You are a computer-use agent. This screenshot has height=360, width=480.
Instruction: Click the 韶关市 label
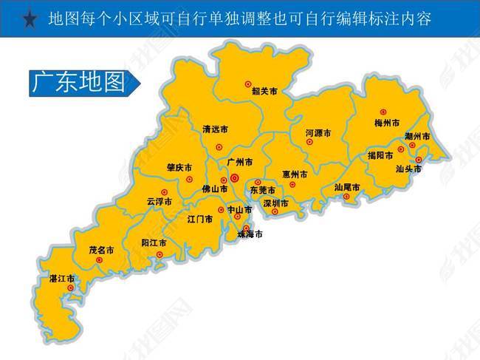[264, 92]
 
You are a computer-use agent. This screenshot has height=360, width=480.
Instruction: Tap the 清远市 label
[216, 129]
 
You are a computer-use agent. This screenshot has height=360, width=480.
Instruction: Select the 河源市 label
[318, 133]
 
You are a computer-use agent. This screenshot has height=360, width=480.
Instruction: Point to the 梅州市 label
[387, 122]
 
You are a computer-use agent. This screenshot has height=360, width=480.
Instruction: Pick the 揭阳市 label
[381, 155]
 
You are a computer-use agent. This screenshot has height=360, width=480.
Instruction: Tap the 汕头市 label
[408, 169]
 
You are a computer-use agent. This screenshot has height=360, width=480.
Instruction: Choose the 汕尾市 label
[347, 187]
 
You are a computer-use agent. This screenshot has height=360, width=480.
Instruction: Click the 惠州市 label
[295, 174]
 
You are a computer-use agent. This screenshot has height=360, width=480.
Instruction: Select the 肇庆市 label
[179, 167]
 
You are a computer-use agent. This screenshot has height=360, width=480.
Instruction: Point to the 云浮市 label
[159, 201]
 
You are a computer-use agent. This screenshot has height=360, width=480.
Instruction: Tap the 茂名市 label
[100, 251]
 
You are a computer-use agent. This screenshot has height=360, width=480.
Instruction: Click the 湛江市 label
[61, 279]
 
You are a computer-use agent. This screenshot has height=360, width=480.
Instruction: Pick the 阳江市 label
[154, 242]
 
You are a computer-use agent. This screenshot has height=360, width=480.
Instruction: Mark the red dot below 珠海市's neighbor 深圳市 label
[275, 213]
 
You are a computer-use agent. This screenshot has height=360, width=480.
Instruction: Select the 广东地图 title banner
[80, 83]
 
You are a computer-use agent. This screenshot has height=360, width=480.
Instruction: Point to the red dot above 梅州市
[383, 112]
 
